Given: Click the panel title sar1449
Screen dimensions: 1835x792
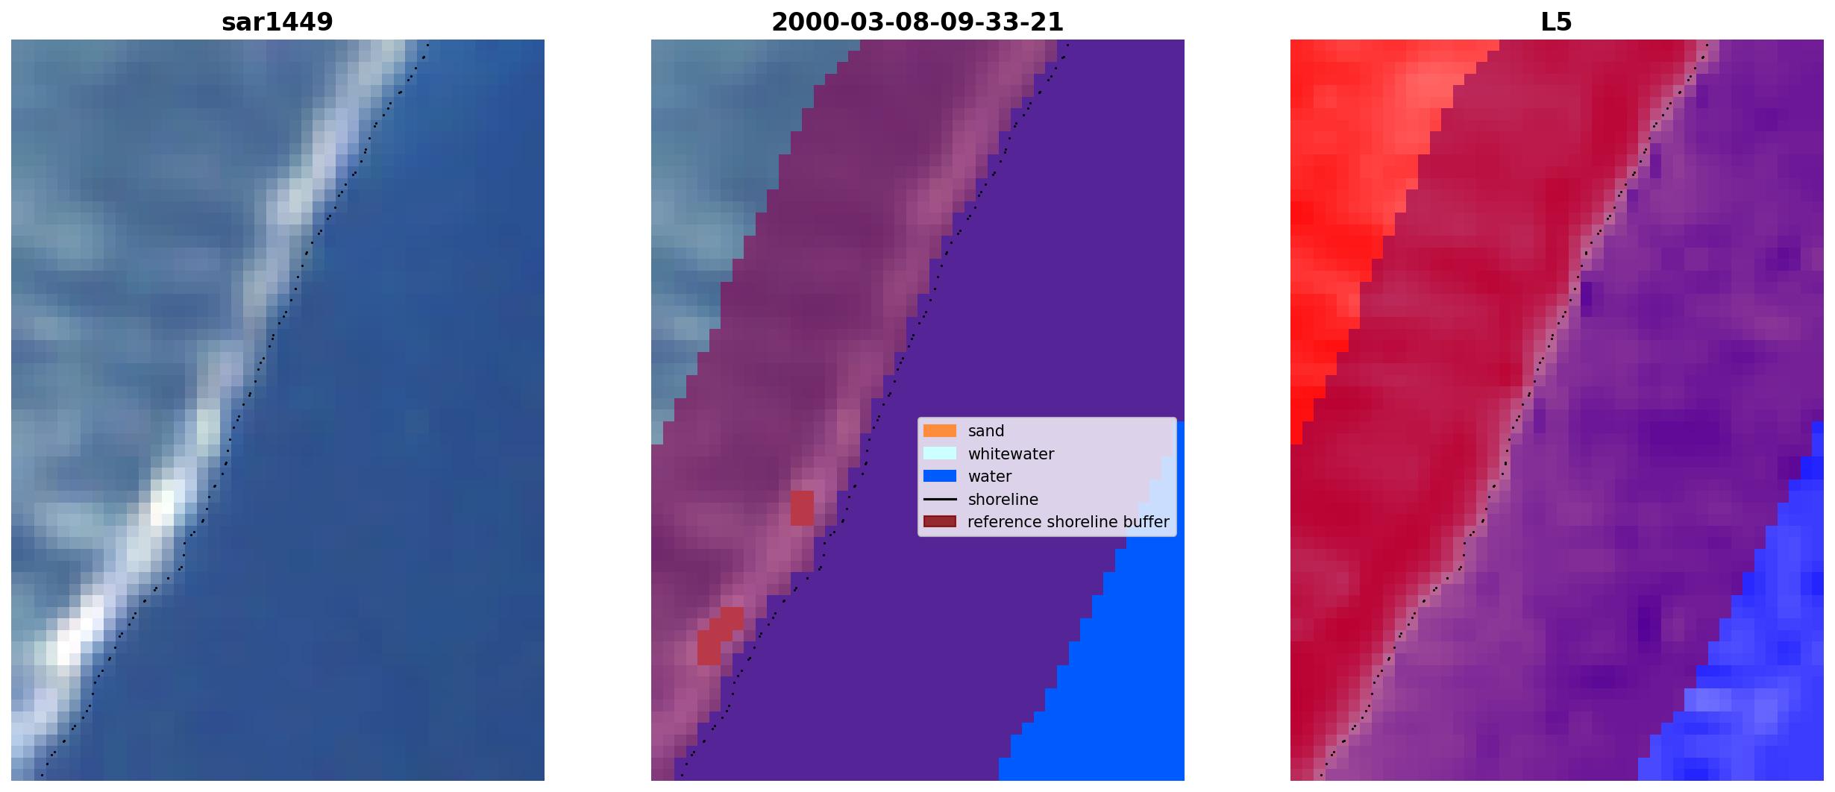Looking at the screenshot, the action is (277, 22).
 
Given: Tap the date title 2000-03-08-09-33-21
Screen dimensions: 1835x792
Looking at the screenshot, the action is (917, 22).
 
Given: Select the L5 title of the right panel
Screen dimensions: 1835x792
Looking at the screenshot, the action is (1556, 22).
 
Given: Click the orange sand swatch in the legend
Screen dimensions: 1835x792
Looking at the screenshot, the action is (939, 431).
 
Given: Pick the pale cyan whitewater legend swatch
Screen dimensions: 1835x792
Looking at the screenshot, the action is (939, 453).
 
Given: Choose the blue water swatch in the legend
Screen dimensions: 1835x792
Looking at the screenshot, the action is (939, 476).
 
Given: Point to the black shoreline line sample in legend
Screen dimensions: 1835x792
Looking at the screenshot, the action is (939, 499).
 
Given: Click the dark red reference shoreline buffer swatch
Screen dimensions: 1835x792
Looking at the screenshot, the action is (939, 522).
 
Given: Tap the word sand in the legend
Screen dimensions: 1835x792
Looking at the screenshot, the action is (986, 431).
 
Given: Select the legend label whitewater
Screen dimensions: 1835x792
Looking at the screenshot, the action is (1011, 453).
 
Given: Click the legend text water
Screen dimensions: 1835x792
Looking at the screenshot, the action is (990, 477).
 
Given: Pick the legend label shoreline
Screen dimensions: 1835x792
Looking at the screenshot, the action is (1003, 500).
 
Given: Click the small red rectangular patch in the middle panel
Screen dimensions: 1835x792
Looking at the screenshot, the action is (802, 508).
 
